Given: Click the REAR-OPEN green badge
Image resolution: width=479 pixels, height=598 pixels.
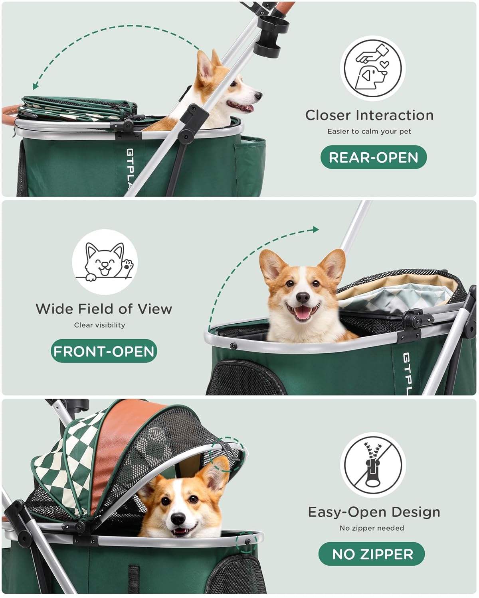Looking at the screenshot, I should [373, 157].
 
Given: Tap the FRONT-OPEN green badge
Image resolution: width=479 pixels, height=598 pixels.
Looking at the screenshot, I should [104, 351].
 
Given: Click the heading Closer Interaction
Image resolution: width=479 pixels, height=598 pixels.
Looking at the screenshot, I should [369, 115].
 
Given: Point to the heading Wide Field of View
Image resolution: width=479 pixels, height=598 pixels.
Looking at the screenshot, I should [104, 309].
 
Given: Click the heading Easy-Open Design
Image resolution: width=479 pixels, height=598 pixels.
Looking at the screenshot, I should [374, 512].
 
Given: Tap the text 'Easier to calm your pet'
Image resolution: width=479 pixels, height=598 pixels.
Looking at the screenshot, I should [369, 131].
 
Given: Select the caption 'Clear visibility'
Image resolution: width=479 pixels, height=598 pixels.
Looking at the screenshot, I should [99, 325].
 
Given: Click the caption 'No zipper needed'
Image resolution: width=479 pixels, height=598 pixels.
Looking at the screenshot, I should [372, 528].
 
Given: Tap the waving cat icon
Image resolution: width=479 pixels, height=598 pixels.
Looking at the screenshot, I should [105, 262].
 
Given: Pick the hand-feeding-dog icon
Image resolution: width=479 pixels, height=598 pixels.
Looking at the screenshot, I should [372, 68].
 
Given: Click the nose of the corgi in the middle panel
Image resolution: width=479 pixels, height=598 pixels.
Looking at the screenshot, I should [303, 297].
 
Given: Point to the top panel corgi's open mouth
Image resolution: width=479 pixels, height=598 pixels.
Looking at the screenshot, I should [241, 106].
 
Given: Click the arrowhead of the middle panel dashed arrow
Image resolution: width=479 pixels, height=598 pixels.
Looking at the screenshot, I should [316, 229].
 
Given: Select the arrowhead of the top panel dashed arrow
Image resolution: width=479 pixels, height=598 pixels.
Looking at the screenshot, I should [35, 86].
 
